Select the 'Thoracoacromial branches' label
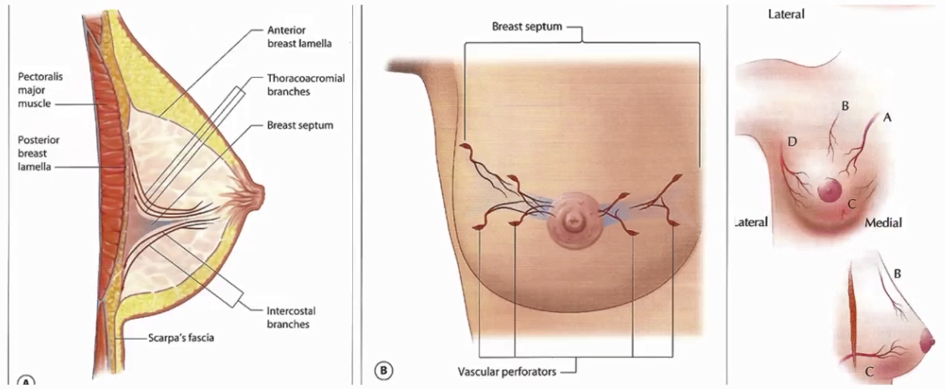click(305, 84)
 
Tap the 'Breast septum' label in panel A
click(289, 125)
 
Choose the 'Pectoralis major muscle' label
click(41, 90)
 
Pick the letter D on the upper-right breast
click(791, 141)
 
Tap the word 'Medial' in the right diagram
click(882, 223)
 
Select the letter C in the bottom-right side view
click(870, 371)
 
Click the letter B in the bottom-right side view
click(896, 273)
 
